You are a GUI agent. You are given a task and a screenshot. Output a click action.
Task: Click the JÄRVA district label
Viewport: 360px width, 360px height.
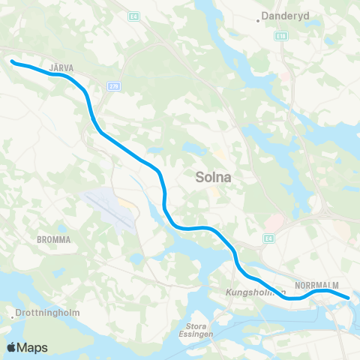pos(61,67)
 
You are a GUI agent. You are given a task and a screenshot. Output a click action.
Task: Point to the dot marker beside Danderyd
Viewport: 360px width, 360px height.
pos(259,21)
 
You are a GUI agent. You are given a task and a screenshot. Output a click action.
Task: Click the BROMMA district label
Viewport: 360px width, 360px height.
pos(53,240)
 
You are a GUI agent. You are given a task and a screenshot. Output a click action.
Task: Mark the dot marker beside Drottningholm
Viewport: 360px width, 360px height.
pos(13,315)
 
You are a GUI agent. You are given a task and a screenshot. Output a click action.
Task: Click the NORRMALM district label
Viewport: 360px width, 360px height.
pos(317,286)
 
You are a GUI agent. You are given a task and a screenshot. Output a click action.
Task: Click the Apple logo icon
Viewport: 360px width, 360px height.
pos(11,347)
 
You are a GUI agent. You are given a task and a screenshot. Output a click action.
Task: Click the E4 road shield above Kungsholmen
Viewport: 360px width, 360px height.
pos(268,238)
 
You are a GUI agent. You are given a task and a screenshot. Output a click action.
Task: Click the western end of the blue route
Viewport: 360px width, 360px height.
pos(12,62)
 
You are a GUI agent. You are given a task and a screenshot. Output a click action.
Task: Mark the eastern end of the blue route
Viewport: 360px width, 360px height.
pos(348,298)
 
